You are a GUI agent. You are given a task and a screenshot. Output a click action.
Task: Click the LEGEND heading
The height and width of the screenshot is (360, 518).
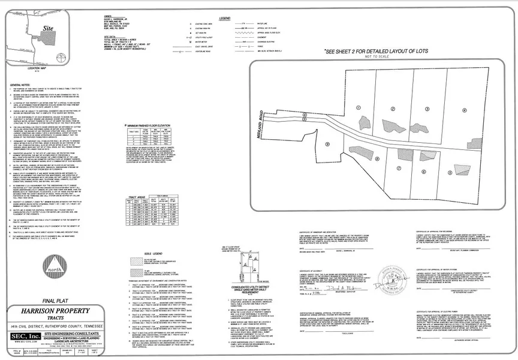coord(225,19)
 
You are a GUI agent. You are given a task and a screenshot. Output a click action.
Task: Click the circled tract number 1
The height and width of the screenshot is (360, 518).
coord(359,107)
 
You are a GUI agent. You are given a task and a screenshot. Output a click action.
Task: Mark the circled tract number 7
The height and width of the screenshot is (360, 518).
coord(398,170)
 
